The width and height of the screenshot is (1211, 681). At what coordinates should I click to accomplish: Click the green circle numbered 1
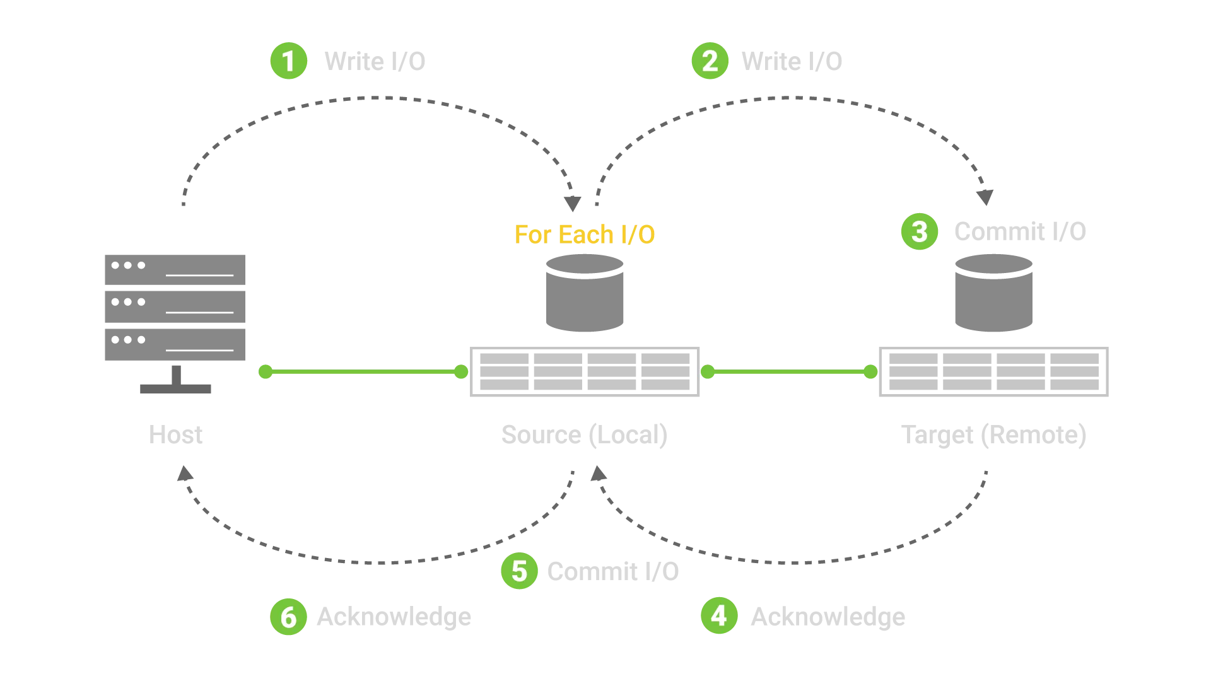[288, 61]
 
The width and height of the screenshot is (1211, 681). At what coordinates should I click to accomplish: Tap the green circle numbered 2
[710, 61]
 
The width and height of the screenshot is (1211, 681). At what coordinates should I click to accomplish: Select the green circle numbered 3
[919, 231]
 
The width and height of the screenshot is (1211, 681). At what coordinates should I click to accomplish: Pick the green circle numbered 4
[719, 615]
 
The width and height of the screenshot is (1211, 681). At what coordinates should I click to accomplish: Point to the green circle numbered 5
[519, 571]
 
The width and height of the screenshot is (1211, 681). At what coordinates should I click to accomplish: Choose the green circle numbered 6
[288, 616]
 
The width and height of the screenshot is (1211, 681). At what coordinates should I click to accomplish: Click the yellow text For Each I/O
[585, 235]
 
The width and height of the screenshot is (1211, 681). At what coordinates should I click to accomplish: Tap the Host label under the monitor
[176, 434]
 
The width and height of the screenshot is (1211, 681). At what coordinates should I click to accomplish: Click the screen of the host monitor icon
[174, 288]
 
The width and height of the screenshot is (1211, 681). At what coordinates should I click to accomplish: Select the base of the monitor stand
[174, 388]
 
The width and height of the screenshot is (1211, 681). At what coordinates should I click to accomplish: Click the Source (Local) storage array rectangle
[585, 371]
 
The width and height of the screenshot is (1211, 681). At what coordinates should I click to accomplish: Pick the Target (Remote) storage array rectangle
[993, 371]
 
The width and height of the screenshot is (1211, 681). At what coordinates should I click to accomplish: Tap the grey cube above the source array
[585, 293]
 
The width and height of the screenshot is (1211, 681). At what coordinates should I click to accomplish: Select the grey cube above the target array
[993, 293]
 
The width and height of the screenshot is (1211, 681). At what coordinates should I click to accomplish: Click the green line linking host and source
[363, 372]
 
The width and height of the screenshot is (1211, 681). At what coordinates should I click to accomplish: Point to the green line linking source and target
[788, 372]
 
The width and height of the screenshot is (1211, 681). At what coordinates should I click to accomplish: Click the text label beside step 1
[376, 61]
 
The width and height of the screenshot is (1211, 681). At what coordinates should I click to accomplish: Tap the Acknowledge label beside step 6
[394, 616]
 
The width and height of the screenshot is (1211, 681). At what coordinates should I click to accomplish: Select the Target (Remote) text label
[993, 435]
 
